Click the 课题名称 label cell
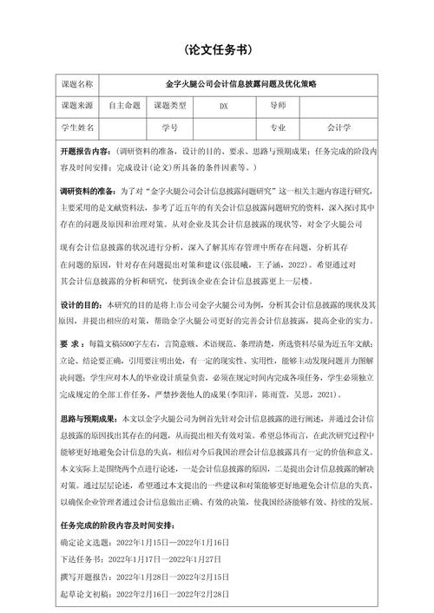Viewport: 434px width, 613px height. point(77,84)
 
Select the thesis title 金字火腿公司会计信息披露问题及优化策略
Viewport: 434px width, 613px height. point(241,84)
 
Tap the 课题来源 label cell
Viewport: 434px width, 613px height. point(77,106)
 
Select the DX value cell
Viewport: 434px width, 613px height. point(223,106)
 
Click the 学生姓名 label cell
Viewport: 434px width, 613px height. point(77,127)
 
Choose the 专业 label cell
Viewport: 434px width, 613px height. point(277,127)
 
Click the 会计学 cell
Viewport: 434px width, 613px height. point(339,127)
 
